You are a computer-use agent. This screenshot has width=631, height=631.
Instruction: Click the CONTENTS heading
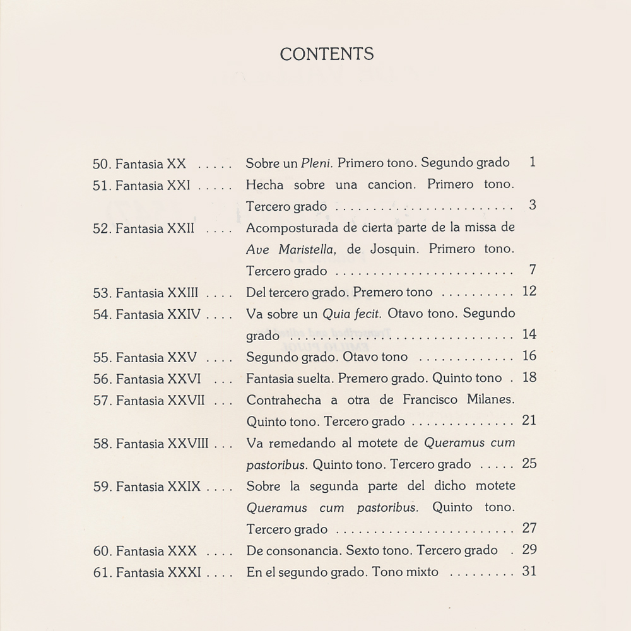click(327, 54)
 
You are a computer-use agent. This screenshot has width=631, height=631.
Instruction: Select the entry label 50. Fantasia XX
click(139, 163)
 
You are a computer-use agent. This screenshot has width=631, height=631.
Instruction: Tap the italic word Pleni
click(317, 163)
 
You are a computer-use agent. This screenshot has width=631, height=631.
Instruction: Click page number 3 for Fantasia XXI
click(533, 205)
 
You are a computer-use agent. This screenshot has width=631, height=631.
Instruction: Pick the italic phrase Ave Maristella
click(290, 249)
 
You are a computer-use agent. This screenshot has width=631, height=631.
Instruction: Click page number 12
click(529, 291)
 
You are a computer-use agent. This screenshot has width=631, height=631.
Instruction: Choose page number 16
click(529, 356)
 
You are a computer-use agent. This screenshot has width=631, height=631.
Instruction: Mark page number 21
click(529, 420)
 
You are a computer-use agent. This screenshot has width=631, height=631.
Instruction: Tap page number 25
click(529, 464)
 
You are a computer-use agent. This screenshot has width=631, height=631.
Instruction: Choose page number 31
click(529, 572)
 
